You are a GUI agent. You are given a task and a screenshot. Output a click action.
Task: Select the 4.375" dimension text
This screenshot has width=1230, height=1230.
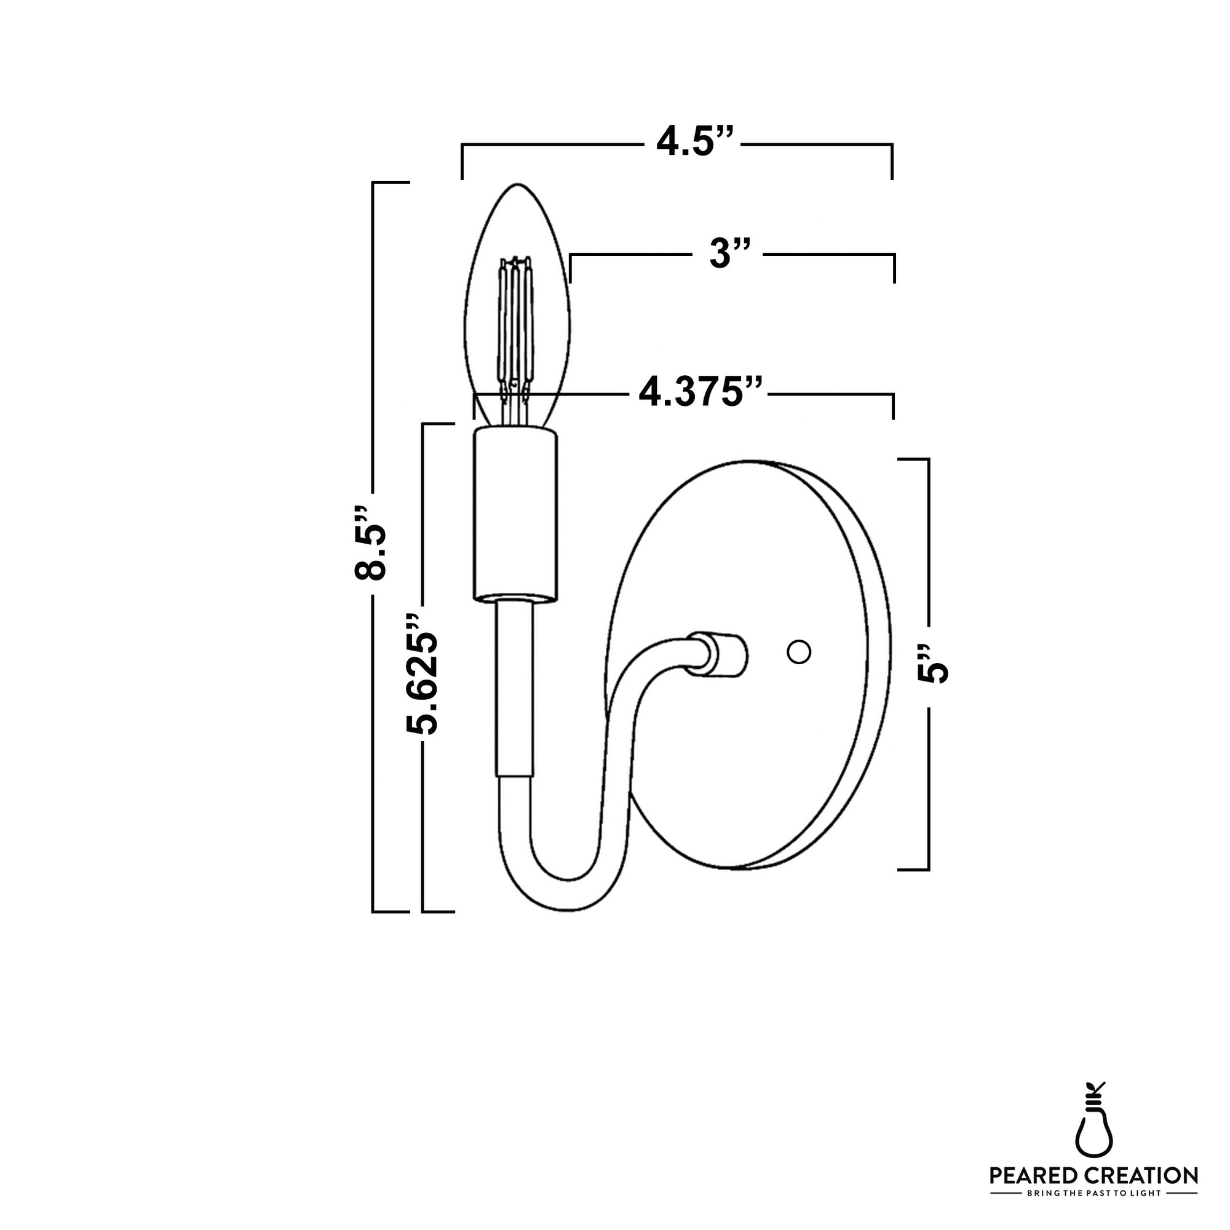point(700,394)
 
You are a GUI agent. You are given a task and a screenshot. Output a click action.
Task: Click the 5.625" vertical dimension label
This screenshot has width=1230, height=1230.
point(421,675)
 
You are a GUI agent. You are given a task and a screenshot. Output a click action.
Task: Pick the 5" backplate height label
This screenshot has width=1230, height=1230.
point(933,664)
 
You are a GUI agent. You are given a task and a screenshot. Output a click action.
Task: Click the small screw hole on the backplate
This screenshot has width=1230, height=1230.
point(798,652)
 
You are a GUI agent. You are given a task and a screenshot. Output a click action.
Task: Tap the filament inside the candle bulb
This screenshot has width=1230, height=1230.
point(514,325)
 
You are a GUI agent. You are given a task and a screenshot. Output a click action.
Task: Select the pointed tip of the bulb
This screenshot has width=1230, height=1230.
point(517,186)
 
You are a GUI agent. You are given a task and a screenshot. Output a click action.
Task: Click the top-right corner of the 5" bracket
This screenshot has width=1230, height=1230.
point(928,459)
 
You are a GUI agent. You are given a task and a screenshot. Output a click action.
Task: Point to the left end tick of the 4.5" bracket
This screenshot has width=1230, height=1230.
point(462,162)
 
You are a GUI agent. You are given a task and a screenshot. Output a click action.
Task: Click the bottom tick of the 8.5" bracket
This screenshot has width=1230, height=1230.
point(390,911)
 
